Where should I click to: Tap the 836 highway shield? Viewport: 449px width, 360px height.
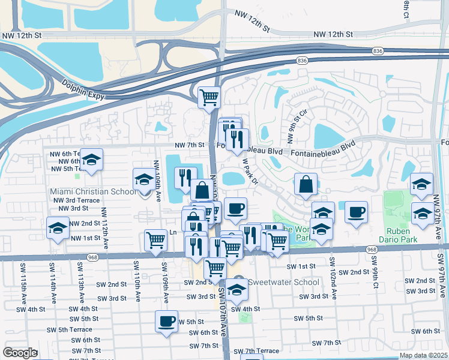(302, 61)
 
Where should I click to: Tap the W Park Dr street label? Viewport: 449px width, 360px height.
(250, 172)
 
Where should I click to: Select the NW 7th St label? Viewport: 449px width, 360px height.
(190, 145)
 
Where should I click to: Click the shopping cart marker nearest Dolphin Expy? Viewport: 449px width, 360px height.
(209, 97)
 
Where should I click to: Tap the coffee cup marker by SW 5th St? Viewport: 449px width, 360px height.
(166, 320)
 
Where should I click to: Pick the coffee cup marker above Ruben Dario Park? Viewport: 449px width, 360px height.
(357, 212)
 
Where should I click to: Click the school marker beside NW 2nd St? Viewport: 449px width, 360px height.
(58, 229)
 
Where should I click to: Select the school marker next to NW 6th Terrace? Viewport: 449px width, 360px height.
(91, 160)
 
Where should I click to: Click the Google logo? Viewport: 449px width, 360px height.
(20, 352)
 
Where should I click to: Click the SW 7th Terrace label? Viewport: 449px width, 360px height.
(256, 351)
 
